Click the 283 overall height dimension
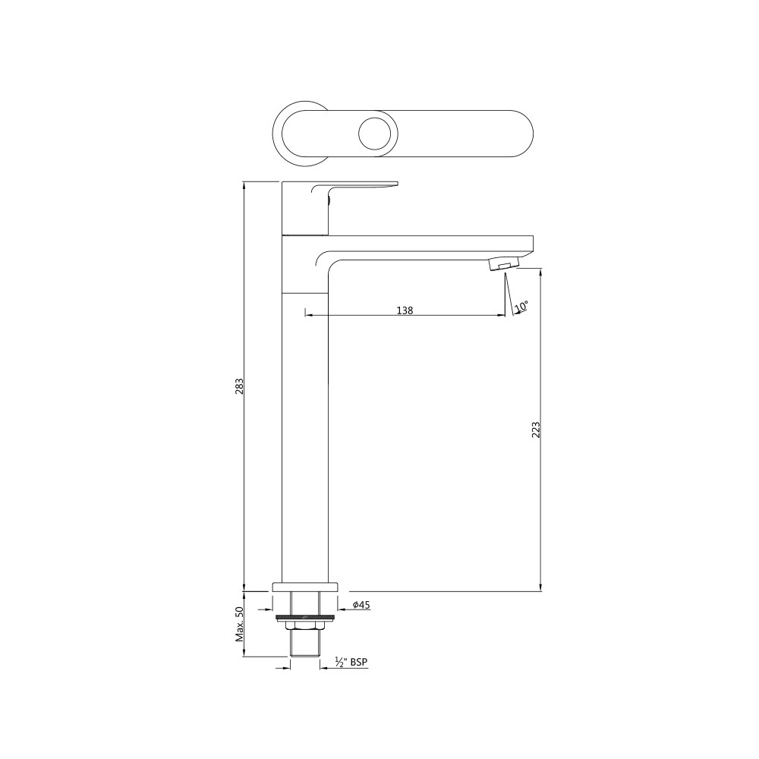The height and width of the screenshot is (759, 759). click(x=239, y=386)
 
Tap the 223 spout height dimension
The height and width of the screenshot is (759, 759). click(x=535, y=430)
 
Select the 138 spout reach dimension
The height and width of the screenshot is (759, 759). click(x=405, y=310)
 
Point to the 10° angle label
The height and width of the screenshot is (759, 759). click(x=521, y=307)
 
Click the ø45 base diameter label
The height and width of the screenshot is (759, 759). click(x=361, y=605)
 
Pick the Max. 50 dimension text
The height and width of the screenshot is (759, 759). click(x=239, y=625)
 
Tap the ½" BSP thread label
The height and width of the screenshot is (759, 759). click(x=351, y=662)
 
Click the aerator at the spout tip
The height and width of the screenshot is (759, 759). click(x=503, y=265)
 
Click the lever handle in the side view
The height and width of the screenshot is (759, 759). click(x=356, y=188)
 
